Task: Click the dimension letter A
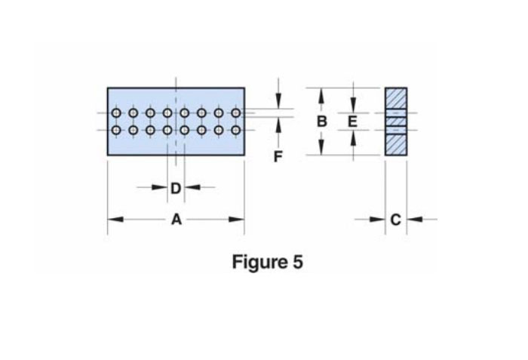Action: [177, 220]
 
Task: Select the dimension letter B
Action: [321, 122]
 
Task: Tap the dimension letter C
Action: [396, 220]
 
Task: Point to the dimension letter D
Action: [176, 189]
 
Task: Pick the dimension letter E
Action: [352, 122]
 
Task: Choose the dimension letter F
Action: [278, 157]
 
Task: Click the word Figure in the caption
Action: [258, 262]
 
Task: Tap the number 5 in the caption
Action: [298, 262]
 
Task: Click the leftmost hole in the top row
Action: [116, 113]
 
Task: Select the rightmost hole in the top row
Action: [236, 113]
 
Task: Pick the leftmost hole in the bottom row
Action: [116, 130]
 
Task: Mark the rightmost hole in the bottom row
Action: [236, 130]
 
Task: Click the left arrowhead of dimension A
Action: [115, 220]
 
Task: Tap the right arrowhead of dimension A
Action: [236, 220]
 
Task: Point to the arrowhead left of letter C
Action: [377, 220]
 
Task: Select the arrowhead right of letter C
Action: [415, 220]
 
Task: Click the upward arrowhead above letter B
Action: [321, 96]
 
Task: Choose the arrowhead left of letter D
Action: [160, 187]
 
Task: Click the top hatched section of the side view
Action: [396, 98]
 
